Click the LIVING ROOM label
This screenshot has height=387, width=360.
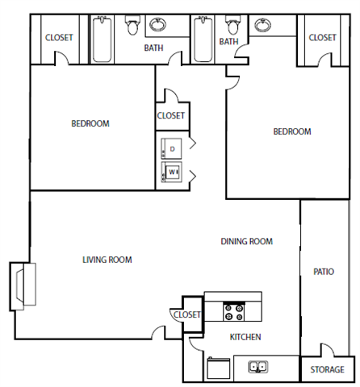107,260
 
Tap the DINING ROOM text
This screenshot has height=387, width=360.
247,241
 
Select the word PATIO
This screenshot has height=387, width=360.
324,273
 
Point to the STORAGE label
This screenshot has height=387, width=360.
327,370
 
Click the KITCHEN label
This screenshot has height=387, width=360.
245,337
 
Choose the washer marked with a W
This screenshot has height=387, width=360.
171,172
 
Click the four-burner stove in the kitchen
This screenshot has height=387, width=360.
234,310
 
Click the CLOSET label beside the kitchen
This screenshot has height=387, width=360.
186,314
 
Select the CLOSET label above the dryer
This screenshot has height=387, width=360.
170,115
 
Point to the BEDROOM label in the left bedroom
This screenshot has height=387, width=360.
90,123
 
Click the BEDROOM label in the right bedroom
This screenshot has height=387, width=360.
291,131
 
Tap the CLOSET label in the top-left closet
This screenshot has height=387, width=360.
59,37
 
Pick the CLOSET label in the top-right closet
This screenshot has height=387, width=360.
322,37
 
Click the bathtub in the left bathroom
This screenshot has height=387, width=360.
103,40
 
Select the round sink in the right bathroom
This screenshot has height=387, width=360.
263,26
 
